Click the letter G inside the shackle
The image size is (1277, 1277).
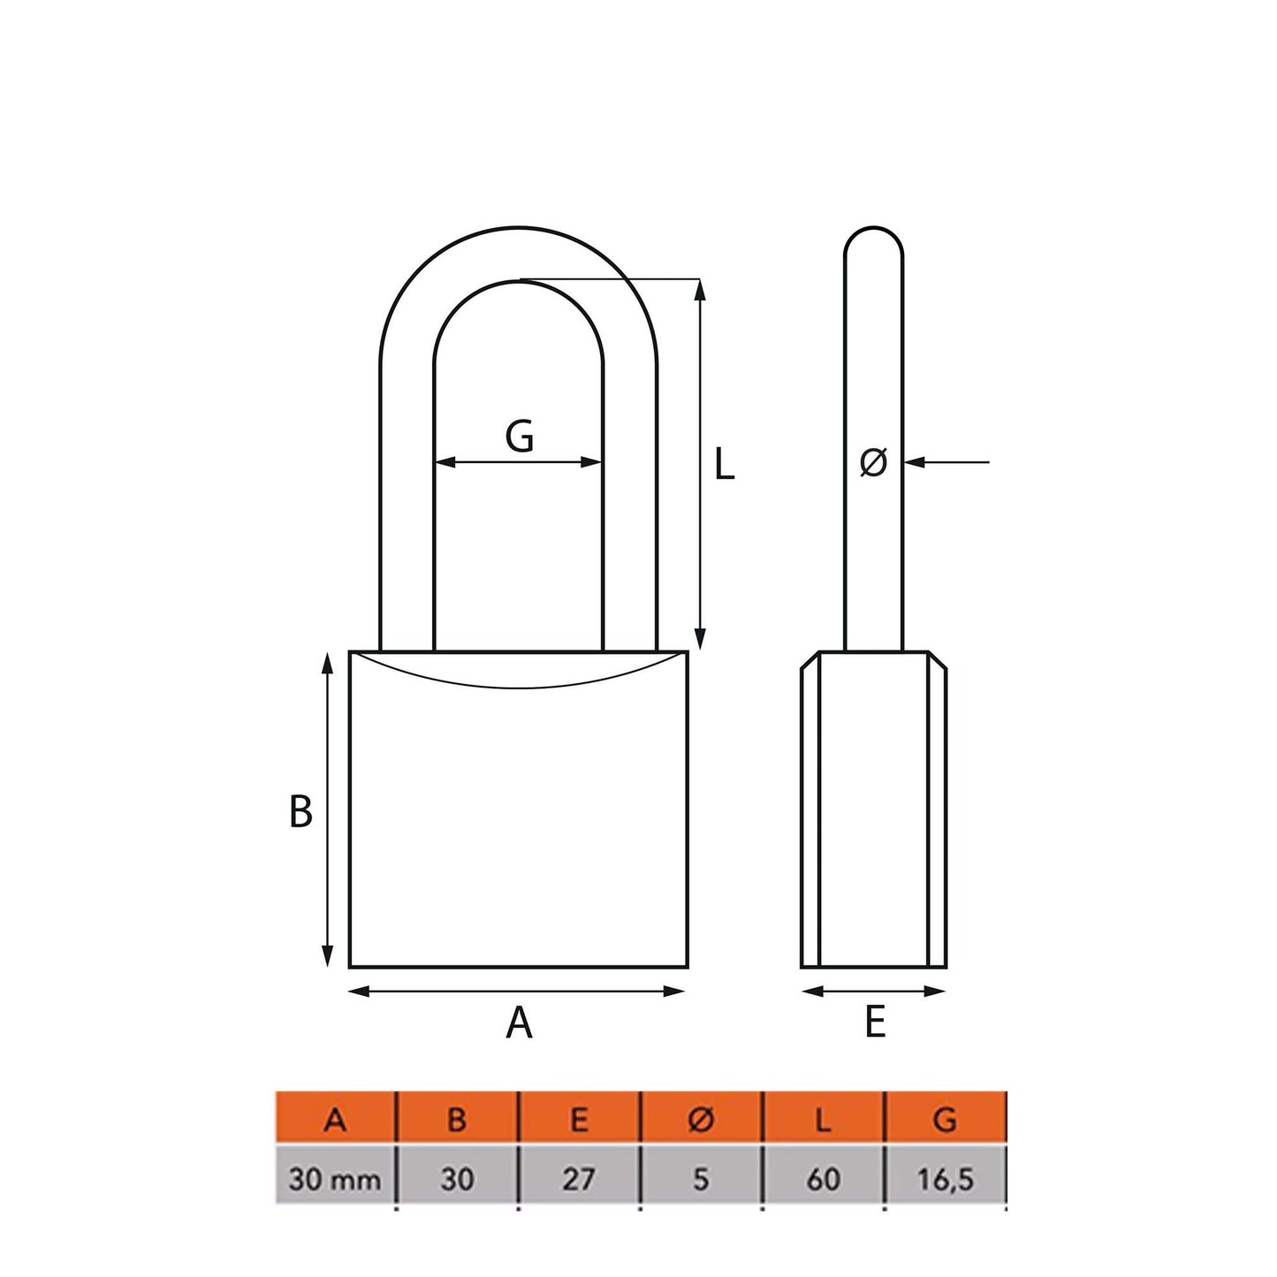520,436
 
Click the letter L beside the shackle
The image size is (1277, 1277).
724,464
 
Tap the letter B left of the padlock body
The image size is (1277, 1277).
300,811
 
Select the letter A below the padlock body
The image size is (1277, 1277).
519,1022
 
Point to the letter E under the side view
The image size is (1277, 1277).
874,1022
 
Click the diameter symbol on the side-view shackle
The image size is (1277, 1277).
873,462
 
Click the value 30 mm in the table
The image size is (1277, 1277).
335,1179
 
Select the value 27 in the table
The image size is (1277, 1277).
579,1179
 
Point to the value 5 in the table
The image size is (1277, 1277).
700,1179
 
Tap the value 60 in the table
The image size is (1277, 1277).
823,1179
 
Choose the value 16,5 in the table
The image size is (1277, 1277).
945,1179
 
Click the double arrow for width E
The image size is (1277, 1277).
873,992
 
